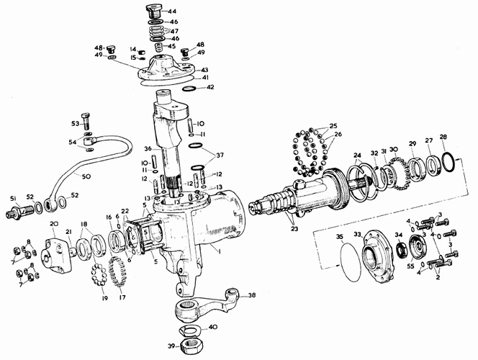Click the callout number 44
tap(171, 12)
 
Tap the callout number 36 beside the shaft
tap(148, 149)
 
